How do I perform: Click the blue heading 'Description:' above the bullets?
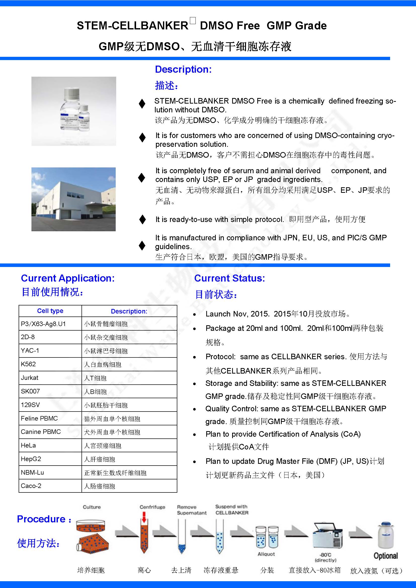point(183,69)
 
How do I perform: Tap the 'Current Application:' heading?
point(68,278)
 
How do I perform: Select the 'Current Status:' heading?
point(230,278)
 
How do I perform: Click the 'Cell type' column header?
point(50,311)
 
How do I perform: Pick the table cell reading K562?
point(28,364)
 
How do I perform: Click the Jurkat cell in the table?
point(30,378)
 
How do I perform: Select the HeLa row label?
point(28,445)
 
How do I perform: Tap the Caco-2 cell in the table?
point(31,486)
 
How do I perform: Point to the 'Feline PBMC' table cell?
point(39,419)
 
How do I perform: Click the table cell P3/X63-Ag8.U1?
point(43,324)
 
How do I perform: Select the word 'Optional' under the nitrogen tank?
point(386,556)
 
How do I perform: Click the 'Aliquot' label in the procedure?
point(266,554)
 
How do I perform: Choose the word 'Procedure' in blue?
point(41,519)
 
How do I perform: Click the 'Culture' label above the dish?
point(92,507)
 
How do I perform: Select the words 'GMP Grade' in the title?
point(297,26)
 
